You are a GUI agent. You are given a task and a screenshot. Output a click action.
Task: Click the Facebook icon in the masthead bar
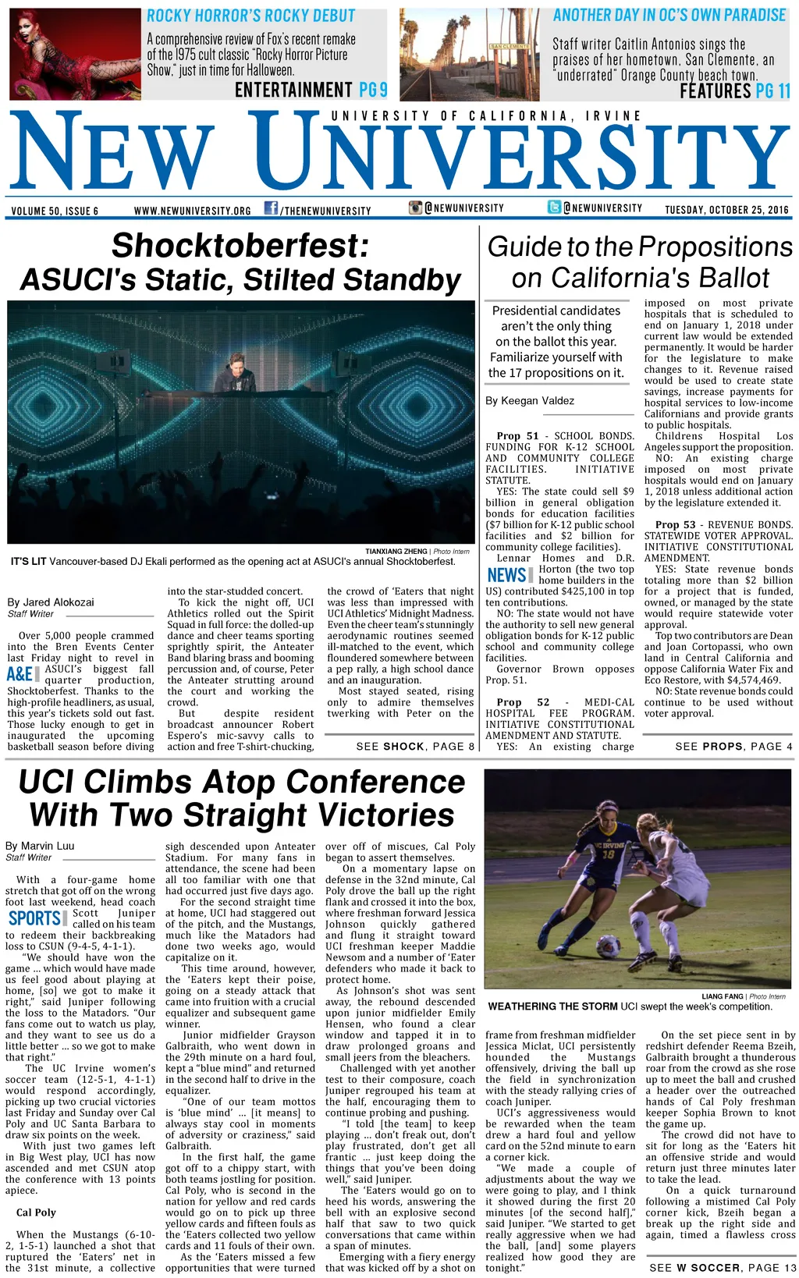271,208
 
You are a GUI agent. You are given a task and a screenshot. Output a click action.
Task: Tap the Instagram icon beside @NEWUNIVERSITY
415,208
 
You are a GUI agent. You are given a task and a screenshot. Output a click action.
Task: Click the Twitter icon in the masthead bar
554,208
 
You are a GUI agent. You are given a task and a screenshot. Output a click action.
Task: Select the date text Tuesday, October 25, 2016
726,210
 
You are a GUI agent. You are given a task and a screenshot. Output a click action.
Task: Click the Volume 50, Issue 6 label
55,211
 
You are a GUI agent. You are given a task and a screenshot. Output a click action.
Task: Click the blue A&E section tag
20,674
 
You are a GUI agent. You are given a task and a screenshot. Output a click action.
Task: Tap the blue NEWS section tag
506,575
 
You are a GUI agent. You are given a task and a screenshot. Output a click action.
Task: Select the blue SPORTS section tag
35,918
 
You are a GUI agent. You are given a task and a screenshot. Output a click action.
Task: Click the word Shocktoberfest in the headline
240,246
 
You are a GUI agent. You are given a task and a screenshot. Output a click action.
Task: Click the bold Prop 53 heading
676,525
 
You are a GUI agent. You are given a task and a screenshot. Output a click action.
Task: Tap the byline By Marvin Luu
40,846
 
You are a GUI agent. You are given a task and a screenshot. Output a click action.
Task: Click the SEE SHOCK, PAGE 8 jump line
415,747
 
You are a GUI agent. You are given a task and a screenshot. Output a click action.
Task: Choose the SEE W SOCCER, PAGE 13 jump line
723,1268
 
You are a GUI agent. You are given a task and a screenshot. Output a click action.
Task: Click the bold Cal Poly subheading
36,1212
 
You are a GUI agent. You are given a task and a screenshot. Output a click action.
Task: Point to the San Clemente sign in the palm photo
510,47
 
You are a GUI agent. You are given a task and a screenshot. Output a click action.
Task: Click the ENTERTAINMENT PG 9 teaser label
311,90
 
